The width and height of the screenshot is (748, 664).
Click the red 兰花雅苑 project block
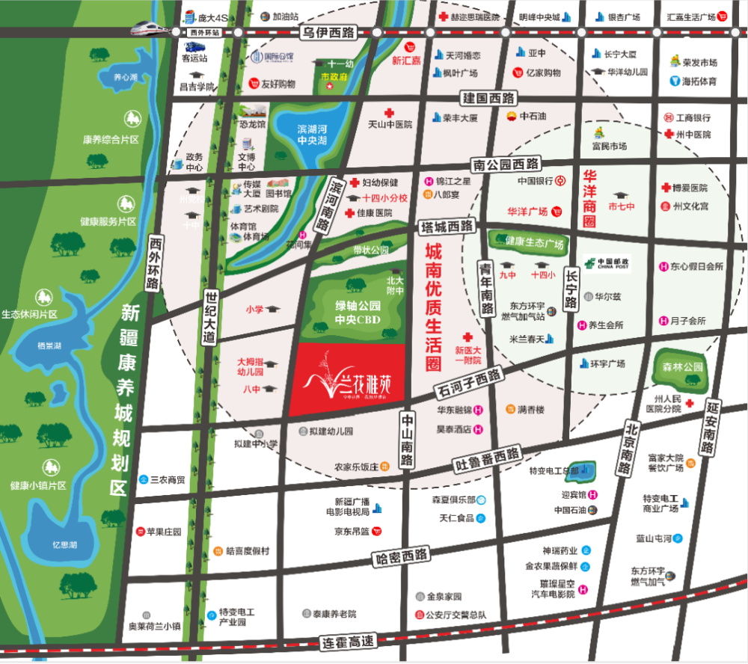pyautogui.click(x=352, y=381)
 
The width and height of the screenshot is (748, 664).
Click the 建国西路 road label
pyautogui.click(x=489, y=98)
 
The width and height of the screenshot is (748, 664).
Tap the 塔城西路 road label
pyautogui.click(x=447, y=226)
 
